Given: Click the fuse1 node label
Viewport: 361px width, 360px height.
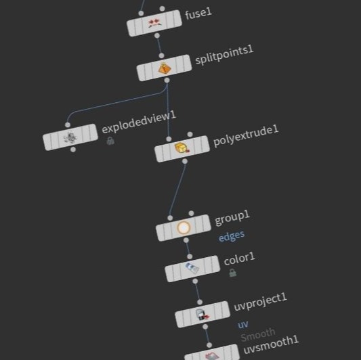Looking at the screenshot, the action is pos(198,14).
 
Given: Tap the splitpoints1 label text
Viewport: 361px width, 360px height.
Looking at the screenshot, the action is pos(224,55).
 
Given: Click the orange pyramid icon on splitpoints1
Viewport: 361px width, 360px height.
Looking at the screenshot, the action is pos(165,68).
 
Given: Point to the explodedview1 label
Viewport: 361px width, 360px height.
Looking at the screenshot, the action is pos(139,122).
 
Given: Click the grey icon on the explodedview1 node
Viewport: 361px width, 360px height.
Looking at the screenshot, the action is pos(70,137).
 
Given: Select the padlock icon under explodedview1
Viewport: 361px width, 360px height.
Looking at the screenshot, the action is pos(110,141).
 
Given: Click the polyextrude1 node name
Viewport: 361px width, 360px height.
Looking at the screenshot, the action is pos(246,136).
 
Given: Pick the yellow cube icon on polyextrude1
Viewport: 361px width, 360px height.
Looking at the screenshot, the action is pos(182,148).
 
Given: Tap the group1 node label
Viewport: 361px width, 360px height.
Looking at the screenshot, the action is pos(232,218).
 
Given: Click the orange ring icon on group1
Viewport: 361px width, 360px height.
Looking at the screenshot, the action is pos(184,227).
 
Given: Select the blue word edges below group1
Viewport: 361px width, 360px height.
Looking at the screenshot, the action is pos(232,236).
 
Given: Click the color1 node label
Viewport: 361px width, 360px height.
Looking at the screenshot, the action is pos(240,258).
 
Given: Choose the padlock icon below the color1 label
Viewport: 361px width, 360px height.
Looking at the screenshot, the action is pos(233,273).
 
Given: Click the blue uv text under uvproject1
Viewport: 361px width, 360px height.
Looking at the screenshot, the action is pos(243,325).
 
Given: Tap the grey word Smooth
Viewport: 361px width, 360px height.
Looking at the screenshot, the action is pos(258,334).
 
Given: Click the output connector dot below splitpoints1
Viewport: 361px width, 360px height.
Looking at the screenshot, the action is pos(167,80).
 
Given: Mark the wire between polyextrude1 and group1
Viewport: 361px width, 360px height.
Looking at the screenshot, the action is pos(177,189).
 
